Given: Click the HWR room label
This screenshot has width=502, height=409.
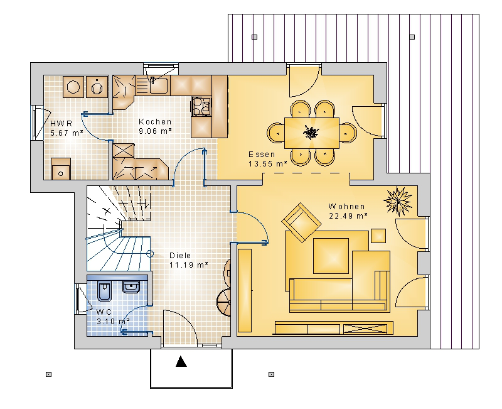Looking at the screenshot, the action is point(61,123).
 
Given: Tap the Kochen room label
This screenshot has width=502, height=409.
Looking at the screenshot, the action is point(155,122).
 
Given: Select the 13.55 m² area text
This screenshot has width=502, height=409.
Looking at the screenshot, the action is point(268,164).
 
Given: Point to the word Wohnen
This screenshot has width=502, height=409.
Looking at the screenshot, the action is point(347,207).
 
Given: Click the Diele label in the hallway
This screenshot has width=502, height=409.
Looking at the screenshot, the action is point(180,256).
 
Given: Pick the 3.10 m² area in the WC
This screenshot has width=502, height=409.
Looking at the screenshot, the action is point(113,321).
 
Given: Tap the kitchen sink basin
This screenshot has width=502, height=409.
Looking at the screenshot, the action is point(159,85).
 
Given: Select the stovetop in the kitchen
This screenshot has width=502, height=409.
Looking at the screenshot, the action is point(201,106).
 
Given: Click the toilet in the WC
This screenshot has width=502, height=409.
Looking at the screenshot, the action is point(104,292).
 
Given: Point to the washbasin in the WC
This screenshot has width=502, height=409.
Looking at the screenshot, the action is point(131,287).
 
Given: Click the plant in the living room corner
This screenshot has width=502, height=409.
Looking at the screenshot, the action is point(398,201).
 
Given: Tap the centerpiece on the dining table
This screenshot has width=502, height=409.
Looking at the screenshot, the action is point(311,133).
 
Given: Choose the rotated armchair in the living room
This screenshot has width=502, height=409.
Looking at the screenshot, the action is point(301,222).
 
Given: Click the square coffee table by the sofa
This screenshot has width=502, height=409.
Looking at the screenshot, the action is point(331,256).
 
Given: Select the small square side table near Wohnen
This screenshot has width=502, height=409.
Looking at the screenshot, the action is point(378,236).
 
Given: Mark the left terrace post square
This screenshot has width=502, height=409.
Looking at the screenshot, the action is point(255,37).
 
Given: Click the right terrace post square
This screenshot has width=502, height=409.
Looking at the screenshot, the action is point(412,37).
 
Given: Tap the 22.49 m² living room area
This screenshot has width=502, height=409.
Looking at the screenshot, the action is point(348,216).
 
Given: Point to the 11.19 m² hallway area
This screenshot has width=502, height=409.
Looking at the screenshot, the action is point(189,265).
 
